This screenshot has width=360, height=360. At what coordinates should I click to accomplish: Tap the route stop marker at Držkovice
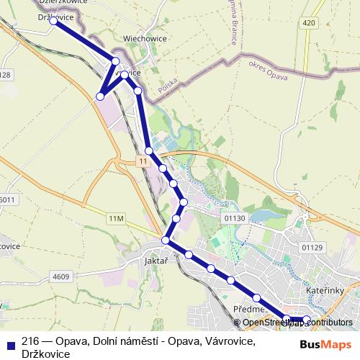click(x=53, y=21)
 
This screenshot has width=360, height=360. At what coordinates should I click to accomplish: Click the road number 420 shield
click(x=309, y=23)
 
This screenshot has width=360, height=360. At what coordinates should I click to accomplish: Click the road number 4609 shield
click(x=61, y=276)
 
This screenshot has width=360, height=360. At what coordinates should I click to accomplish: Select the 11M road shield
click(x=117, y=217)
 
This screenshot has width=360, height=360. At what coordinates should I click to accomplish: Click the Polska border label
click(x=168, y=86)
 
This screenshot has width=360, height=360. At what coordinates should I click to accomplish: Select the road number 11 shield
click(x=144, y=162)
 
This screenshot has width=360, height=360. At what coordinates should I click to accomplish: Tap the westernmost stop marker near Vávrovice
click(x=101, y=96)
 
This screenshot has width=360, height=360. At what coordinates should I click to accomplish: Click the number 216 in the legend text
click(x=30, y=341)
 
